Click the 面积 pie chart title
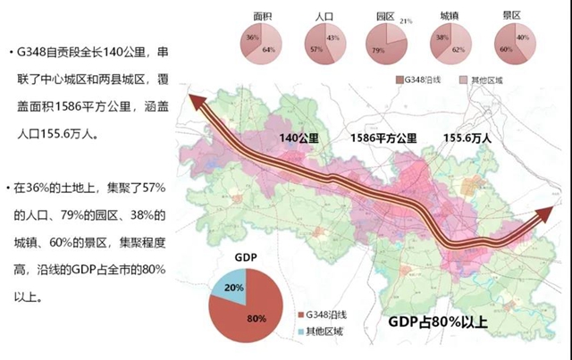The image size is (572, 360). pyautogui.click(x=262, y=16)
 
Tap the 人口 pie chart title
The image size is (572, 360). pyautogui.click(x=325, y=16)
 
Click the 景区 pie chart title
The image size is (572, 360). pyautogui.click(x=512, y=16)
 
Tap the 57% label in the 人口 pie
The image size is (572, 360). pyautogui.click(x=316, y=50)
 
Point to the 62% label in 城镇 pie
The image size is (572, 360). pyautogui.click(x=458, y=50)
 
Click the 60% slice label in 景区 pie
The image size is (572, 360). pyautogui.click(x=506, y=50)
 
